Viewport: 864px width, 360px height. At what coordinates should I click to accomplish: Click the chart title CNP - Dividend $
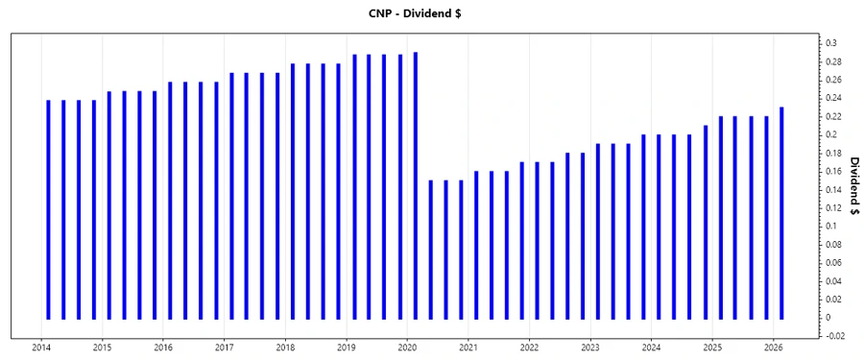click(432, 14)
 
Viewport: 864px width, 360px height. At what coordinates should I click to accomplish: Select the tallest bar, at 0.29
click(416, 184)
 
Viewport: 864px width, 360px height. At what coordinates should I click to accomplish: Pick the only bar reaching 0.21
click(706, 221)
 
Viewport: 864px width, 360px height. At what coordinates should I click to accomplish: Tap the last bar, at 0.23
click(781, 212)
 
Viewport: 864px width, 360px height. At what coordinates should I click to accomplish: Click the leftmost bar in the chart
click(48, 208)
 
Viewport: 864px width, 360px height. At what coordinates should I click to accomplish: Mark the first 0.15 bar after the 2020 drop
click(430, 249)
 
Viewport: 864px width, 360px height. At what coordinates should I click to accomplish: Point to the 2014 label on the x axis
click(41, 347)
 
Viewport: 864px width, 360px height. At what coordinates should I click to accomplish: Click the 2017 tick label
click(225, 347)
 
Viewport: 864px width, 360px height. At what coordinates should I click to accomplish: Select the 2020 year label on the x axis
click(407, 347)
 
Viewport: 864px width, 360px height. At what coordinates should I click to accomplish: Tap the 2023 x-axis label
click(590, 347)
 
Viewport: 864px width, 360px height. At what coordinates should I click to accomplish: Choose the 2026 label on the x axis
click(773, 347)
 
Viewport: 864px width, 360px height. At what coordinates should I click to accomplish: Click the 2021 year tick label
click(468, 347)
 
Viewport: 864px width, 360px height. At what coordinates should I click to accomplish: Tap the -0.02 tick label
click(834, 336)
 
